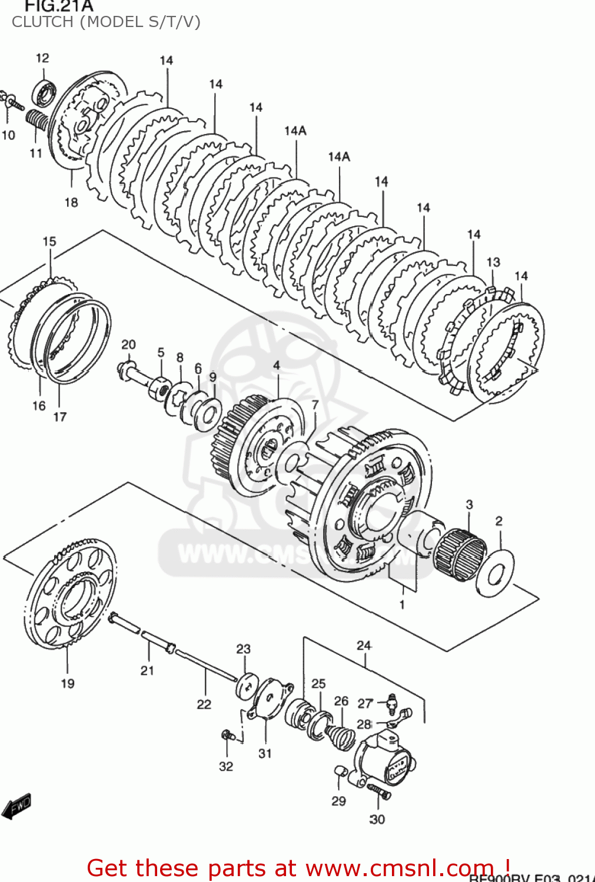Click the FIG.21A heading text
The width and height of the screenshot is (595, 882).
tap(59, 6)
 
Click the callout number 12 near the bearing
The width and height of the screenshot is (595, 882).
tap(42, 58)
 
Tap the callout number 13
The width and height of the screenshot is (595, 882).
tap(493, 262)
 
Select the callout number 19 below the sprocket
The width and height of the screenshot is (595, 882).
tap(68, 683)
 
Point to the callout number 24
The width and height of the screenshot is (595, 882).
tap(364, 646)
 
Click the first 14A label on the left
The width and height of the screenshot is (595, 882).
tap(295, 131)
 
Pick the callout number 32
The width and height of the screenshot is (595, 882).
tap(226, 766)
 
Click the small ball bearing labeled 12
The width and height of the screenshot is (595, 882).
tap(45, 92)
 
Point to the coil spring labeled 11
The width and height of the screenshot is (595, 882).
tap(38, 121)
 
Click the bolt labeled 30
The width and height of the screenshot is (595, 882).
tap(378, 791)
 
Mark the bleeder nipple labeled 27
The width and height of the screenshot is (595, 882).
tap(391, 701)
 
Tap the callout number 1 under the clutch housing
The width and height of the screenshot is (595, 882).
tap(402, 604)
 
